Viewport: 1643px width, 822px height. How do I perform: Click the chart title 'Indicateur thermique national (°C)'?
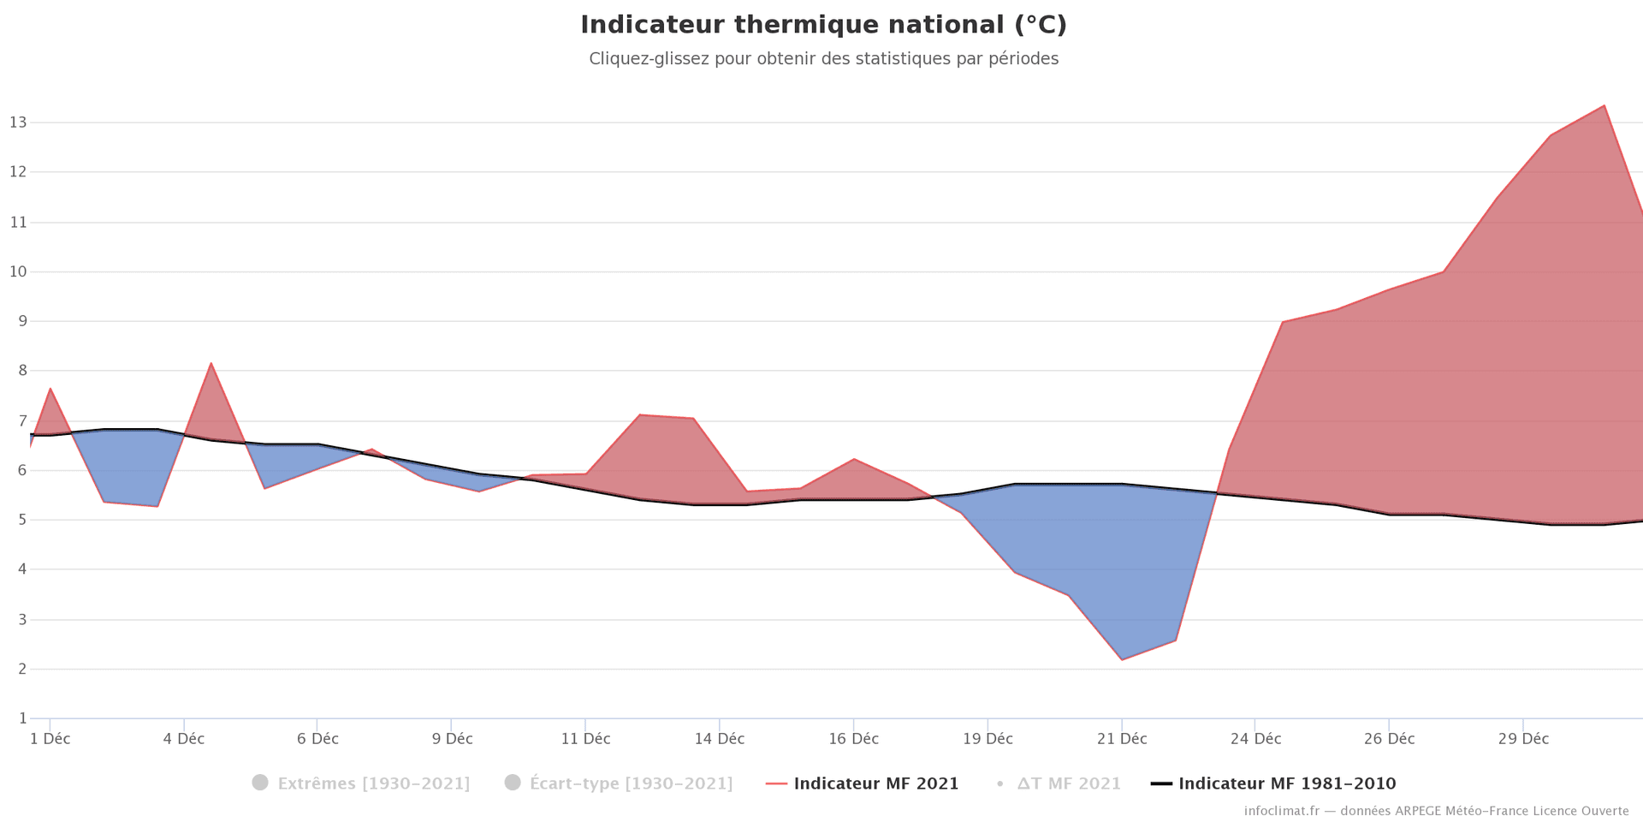coord(823,25)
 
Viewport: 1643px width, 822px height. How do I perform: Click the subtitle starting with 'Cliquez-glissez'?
coord(823,59)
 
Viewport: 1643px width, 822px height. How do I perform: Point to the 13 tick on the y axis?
coord(18,122)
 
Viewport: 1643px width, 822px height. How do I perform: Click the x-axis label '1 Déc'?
coord(50,739)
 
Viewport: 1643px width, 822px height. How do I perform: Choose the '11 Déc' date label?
coord(585,739)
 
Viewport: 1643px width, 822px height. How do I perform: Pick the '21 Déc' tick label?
coord(1121,739)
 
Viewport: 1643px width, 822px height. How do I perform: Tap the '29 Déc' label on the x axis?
coord(1523,739)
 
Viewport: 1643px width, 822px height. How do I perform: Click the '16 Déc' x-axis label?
coord(853,739)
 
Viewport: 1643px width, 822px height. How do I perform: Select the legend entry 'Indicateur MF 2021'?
coord(875,783)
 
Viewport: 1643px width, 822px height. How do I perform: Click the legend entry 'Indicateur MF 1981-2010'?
coord(1286,783)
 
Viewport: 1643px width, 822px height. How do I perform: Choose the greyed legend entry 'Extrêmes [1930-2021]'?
coord(373,783)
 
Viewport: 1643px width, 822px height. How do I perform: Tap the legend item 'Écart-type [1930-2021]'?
coord(631,783)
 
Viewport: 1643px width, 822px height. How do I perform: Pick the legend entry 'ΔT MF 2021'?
coord(1068,783)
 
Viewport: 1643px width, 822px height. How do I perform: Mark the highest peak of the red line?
coord(1604,106)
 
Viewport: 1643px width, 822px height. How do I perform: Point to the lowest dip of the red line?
coord(1121,659)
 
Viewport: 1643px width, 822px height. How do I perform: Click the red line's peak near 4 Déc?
coord(211,363)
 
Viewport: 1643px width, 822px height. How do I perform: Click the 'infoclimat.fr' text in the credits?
coord(1281,811)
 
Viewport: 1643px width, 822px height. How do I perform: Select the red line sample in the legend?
coord(776,783)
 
